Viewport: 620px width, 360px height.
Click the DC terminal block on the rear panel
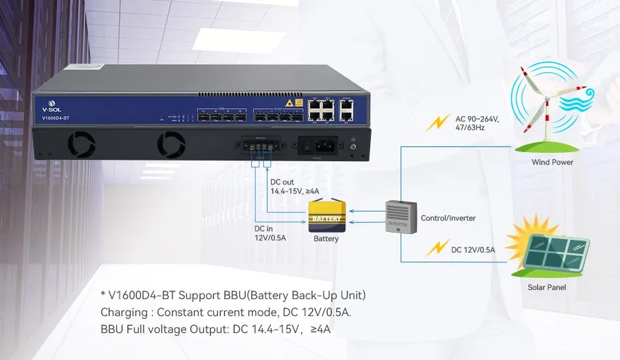click(260, 147)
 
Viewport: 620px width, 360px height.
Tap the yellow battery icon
click(326, 216)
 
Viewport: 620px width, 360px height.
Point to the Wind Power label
click(552, 163)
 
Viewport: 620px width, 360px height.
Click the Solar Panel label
click(546, 287)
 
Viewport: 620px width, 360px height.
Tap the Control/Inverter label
click(448, 218)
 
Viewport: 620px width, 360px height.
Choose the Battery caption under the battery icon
click(326, 239)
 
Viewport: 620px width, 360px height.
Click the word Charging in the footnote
click(125, 312)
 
